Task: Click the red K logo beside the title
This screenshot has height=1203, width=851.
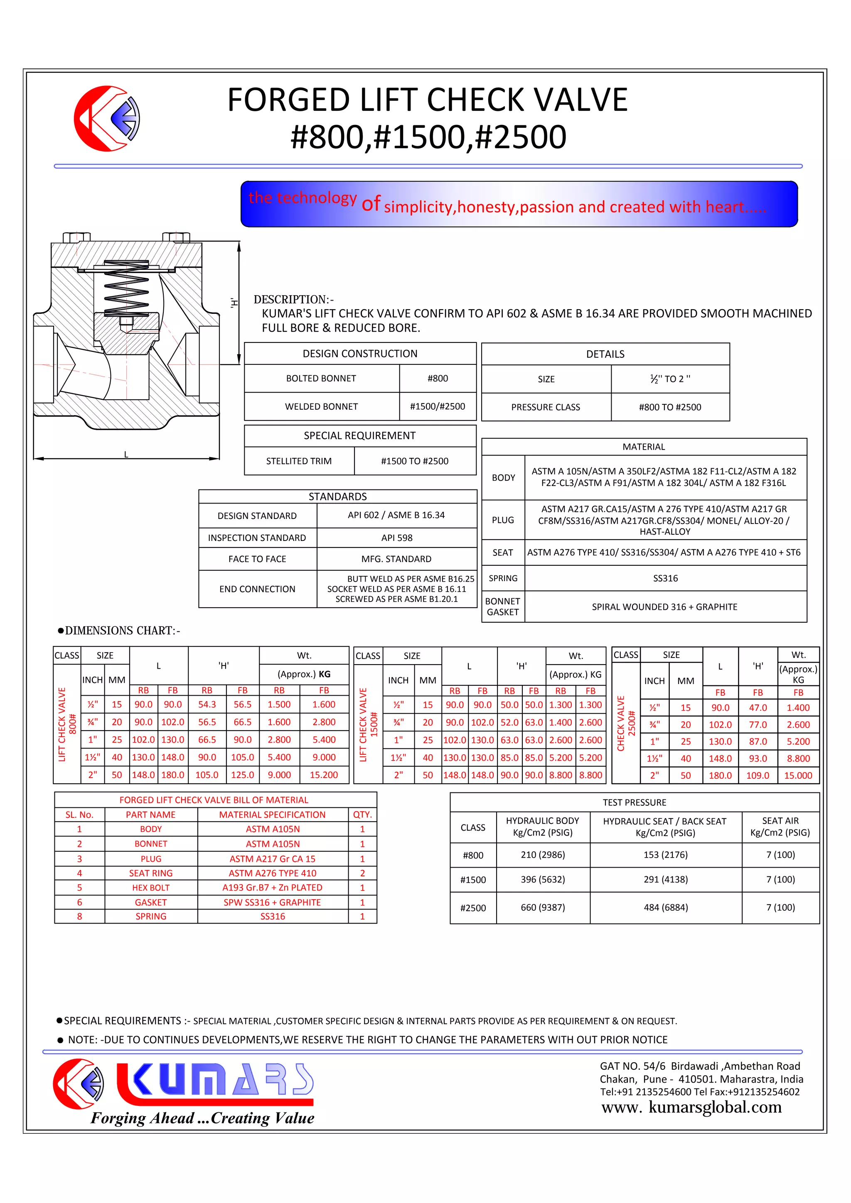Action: point(106,119)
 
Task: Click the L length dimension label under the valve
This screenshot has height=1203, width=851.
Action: point(126,454)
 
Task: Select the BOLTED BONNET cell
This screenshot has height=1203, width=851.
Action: point(321,378)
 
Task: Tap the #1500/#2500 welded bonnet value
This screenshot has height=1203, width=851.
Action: point(437,406)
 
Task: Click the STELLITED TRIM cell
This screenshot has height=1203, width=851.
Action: point(299,461)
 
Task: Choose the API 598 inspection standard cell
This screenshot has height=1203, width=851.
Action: point(396,538)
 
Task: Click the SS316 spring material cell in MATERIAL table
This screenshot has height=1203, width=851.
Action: point(665,578)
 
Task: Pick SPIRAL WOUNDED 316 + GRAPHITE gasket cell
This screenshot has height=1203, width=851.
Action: point(664,607)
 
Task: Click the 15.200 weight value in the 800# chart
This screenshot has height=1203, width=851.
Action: point(324,775)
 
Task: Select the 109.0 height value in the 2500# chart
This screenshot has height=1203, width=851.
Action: point(758,775)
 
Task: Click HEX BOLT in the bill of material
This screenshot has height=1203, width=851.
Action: point(150,888)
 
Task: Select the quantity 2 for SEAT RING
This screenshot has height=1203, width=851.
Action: point(362,873)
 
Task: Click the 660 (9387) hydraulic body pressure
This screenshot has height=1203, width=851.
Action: point(543,907)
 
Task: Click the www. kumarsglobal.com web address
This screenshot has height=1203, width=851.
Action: point(691,1107)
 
